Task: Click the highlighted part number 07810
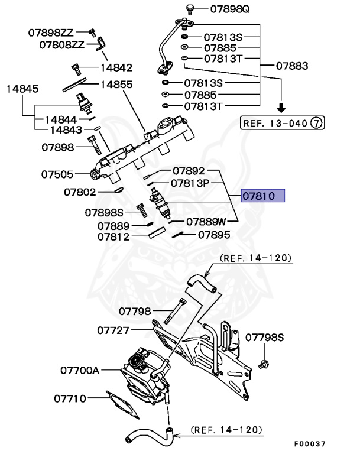[262, 196]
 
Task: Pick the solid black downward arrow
[282, 108]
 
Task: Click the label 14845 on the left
[22, 89]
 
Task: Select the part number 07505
[57, 174]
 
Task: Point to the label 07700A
[79, 371]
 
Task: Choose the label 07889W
[206, 222]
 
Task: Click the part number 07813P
[190, 183]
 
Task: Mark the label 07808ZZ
[61, 44]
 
